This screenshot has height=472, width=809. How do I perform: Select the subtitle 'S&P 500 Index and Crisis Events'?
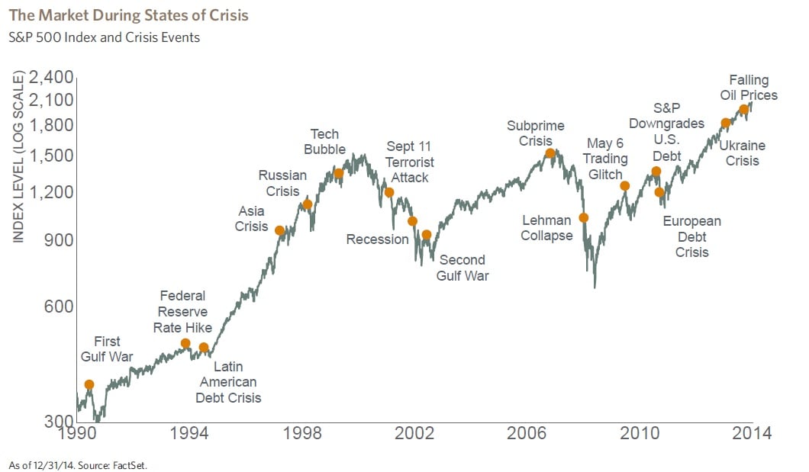pos(104,37)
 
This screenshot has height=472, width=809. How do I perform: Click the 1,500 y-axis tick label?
pos(52,156)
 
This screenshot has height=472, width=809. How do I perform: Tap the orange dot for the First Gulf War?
pos(89,385)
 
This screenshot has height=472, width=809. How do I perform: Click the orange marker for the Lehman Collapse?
pos(584,218)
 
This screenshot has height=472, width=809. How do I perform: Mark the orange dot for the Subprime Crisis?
pos(550,153)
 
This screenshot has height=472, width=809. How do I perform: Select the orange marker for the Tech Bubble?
pos(339,174)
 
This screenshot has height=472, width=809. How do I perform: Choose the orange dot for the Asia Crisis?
pos(279,230)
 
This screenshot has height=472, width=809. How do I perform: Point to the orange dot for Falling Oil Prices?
pos(744,110)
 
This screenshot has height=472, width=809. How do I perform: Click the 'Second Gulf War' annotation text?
pos(463,268)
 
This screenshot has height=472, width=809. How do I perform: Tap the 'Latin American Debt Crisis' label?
pos(228,382)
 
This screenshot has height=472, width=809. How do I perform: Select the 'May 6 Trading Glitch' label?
pos(607,159)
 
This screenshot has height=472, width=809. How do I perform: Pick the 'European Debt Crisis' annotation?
pos(691,236)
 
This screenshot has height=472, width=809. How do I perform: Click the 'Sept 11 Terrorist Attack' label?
pos(409,162)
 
